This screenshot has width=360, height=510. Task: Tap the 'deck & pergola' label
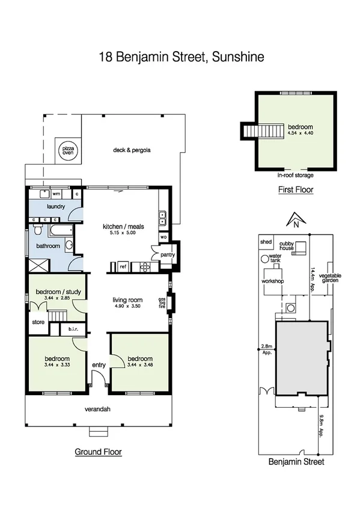(131, 150)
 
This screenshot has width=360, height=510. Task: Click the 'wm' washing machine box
(56, 194)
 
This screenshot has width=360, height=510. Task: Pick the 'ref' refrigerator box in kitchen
(122, 265)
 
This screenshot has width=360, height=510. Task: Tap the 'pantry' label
(168, 254)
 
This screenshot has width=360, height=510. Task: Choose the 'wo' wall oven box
(163, 237)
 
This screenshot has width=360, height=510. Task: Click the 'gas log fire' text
(161, 303)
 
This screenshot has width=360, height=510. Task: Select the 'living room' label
(127, 300)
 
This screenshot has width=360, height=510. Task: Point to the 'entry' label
(98, 365)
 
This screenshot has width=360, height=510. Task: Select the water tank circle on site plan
(264, 259)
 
